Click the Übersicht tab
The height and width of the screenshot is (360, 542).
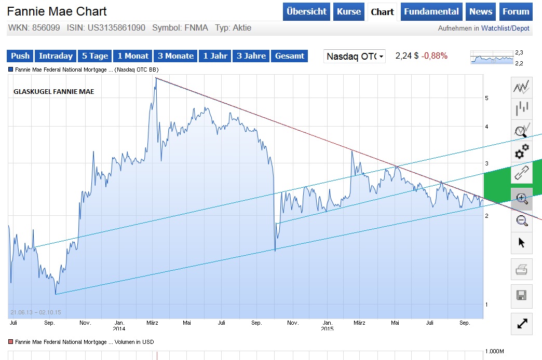[306, 11]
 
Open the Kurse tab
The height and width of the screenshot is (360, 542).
[349, 11]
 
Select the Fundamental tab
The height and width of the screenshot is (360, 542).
[431, 11]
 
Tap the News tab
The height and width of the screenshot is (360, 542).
[481, 11]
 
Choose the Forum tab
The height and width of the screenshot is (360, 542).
[516, 11]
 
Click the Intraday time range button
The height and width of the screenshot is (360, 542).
[56, 56]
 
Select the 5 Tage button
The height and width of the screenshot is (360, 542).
[95, 56]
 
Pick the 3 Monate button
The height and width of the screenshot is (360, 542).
[175, 56]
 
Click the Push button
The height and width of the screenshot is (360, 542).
[20, 56]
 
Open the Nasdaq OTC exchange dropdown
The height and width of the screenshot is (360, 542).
[355, 56]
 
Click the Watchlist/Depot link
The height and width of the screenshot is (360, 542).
[505, 29]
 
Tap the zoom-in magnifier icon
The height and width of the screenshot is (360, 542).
[522, 198]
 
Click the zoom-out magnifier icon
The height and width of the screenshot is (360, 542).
[522, 220]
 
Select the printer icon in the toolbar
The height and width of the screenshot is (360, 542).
[522, 270]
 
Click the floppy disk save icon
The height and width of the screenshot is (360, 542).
[522, 296]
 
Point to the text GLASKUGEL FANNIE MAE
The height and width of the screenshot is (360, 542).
[53, 92]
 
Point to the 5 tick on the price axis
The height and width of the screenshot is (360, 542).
[486, 98]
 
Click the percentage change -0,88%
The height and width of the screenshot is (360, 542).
[434, 56]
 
